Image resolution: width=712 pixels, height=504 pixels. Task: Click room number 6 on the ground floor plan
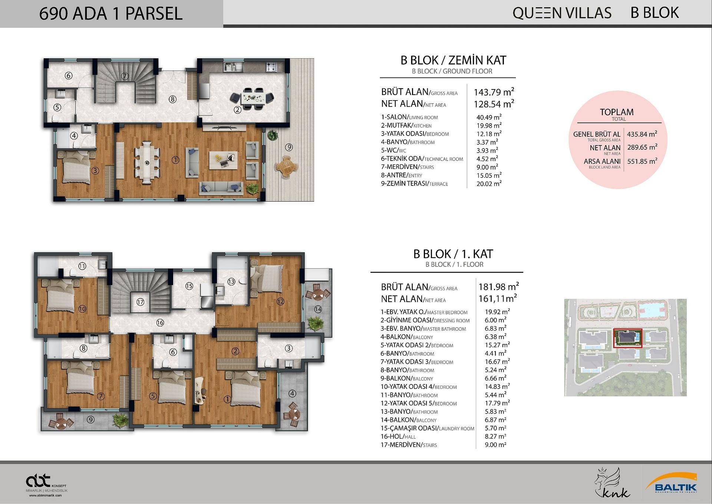point(68,76)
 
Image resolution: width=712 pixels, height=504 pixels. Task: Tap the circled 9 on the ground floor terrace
point(289,147)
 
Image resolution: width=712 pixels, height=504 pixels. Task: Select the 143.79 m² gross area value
point(494,92)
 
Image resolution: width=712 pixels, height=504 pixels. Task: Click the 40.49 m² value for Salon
point(489,117)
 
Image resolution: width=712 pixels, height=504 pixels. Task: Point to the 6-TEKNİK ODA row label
point(422,159)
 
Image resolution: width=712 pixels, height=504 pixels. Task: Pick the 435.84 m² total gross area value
point(642,134)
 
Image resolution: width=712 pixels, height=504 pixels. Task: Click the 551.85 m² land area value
point(642,161)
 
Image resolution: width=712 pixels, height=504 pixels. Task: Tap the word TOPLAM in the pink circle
point(617,112)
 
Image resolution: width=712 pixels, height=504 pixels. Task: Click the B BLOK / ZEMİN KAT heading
point(453,60)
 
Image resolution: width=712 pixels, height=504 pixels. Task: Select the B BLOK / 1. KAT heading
point(453,254)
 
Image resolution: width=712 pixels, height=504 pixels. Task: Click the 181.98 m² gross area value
point(498,287)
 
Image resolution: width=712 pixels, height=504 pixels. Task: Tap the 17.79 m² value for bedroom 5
point(497,403)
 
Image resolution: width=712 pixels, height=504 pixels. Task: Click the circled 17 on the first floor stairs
point(140,302)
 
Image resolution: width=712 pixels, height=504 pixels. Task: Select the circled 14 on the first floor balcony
point(318,309)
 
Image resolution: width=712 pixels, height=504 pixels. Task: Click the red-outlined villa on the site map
point(627,338)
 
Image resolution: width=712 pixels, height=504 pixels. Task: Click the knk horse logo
point(612,482)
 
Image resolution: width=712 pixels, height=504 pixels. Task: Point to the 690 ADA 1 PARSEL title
point(111,14)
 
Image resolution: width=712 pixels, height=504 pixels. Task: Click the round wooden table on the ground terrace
point(286,166)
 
